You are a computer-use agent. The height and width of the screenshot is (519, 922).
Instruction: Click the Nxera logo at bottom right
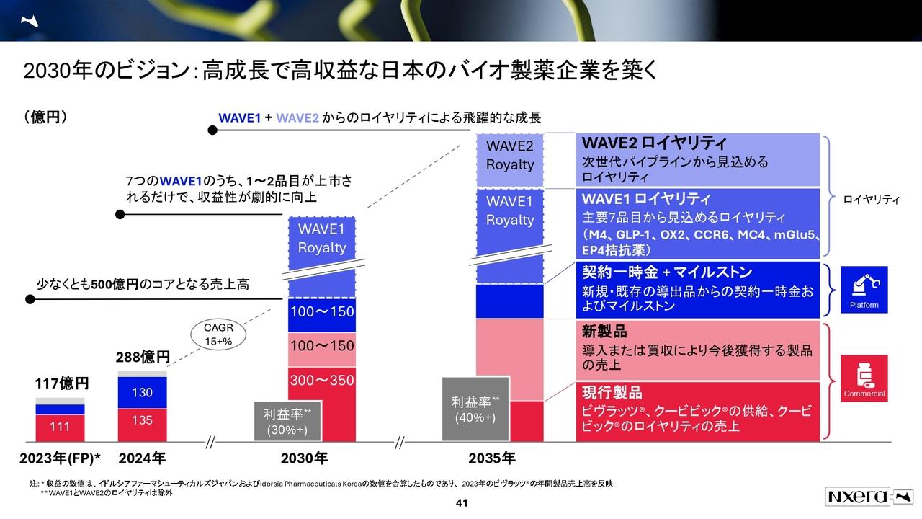point(869,497)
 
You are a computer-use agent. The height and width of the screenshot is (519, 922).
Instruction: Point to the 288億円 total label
point(143,357)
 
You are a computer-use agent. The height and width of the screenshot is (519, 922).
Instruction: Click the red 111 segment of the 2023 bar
point(60,427)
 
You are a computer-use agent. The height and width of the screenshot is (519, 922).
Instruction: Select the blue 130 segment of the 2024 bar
point(142,392)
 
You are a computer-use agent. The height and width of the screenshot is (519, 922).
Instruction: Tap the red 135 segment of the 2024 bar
point(142,420)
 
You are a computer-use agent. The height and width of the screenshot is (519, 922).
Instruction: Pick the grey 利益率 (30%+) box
point(287,421)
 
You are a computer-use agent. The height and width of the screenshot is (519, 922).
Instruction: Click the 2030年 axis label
point(304,458)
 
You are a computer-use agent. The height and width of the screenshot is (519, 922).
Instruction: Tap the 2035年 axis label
point(491,458)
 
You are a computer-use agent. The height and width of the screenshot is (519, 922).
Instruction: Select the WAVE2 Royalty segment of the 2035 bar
point(510,156)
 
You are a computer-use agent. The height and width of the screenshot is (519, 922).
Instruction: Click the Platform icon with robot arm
point(864,289)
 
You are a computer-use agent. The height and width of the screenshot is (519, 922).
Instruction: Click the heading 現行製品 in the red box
point(612,393)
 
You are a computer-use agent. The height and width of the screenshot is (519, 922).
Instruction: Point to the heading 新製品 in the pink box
point(604,332)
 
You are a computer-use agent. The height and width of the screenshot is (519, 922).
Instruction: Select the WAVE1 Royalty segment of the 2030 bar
point(322,239)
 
